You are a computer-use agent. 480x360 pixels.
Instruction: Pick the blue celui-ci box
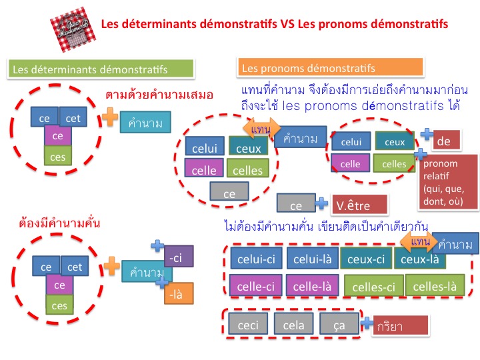coord(256,259)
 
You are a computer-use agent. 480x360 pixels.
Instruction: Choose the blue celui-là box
coord(311,259)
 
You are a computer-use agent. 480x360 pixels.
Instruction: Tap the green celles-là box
coord(435,286)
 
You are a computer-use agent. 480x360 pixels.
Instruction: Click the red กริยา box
coord(400,326)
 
